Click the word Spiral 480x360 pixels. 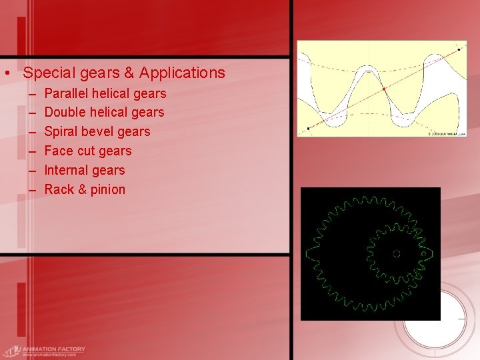coord(61,132)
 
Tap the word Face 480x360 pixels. coord(59,151)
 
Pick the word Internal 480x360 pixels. coord(65,170)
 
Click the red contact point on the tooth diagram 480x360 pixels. coord(384,89)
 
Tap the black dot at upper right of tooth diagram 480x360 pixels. coord(459,49)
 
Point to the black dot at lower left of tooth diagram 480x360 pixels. coord(307,128)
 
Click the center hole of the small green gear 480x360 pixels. coord(396,253)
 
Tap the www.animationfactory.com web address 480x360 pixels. coord(49,355)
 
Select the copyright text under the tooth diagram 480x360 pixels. coord(445,134)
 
